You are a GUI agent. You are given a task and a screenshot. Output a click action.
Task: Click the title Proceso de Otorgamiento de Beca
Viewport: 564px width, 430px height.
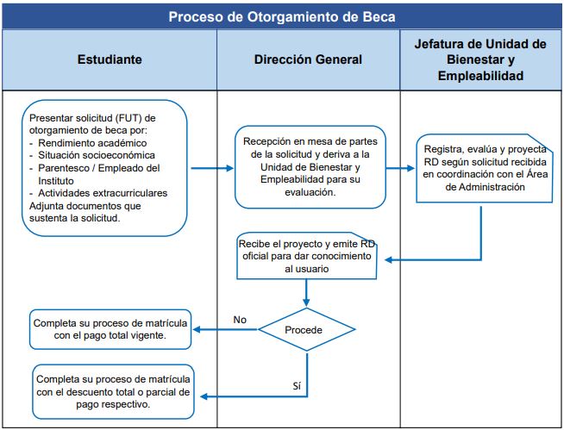click(282, 17)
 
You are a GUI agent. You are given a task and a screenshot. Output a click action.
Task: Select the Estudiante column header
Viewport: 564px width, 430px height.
click(110, 59)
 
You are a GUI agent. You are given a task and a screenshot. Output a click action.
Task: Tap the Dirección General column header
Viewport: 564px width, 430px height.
click(308, 59)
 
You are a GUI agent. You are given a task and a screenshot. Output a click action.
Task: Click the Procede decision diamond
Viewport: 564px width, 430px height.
click(306, 329)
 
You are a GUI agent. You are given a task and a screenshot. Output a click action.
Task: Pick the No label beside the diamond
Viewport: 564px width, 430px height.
click(240, 320)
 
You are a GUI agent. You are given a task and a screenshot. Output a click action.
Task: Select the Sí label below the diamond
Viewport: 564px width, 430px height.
click(297, 386)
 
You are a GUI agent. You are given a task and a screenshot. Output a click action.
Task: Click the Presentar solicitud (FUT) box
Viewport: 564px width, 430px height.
click(104, 168)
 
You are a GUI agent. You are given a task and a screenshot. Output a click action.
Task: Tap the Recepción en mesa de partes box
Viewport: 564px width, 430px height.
click(310, 167)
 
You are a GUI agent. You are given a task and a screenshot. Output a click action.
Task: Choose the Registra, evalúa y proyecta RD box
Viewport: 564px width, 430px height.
click(485, 168)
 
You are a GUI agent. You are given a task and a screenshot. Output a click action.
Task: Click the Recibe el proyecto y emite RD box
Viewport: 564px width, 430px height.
click(306, 256)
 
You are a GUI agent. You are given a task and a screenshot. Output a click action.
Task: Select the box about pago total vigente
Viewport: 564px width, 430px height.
click(110, 329)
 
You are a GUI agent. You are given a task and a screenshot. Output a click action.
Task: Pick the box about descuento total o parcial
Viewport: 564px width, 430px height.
click(113, 392)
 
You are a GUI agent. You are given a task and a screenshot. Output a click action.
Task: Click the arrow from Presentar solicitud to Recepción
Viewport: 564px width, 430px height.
click(212, 168)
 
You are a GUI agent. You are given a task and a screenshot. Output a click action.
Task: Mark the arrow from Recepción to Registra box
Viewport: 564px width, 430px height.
click(400, 168)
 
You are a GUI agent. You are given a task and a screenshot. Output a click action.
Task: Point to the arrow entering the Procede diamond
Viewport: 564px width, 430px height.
click(306, 293)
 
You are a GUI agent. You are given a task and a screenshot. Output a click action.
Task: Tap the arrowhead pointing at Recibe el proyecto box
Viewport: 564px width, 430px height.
click(388, 259)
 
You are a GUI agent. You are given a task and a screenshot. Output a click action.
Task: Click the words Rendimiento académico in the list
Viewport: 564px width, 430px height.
click(92, 143)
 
